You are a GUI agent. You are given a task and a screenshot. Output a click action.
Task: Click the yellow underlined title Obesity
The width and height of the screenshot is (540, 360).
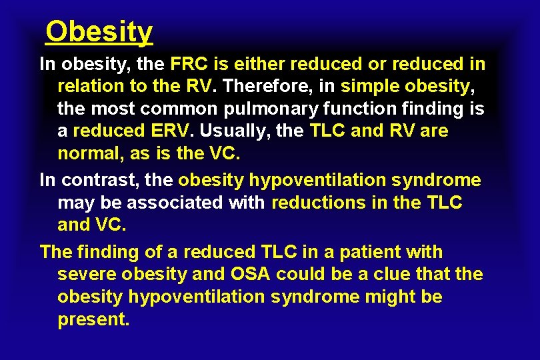coord(99,31)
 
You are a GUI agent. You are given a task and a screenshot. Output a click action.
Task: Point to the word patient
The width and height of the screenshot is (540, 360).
coord(378,252)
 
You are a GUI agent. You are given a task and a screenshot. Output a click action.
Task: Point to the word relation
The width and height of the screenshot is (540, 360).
coord(91,87)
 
